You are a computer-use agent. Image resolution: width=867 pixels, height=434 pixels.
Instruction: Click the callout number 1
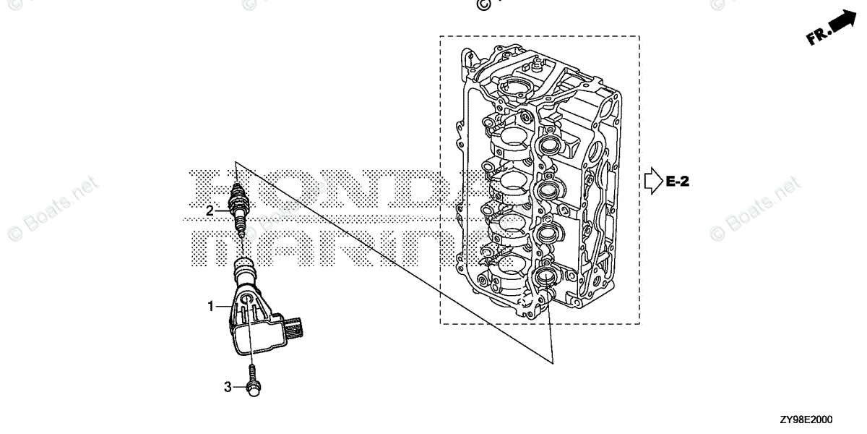(x=211, y=307)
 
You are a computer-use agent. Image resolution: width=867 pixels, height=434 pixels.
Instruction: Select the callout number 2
(x=210, y=211)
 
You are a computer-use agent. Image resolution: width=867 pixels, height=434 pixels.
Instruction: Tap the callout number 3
(x=228, y=387)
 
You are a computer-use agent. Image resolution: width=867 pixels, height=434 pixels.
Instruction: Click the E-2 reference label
(x=677, y=182)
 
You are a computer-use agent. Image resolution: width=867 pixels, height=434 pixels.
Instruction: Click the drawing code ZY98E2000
(x=804, y=420)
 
